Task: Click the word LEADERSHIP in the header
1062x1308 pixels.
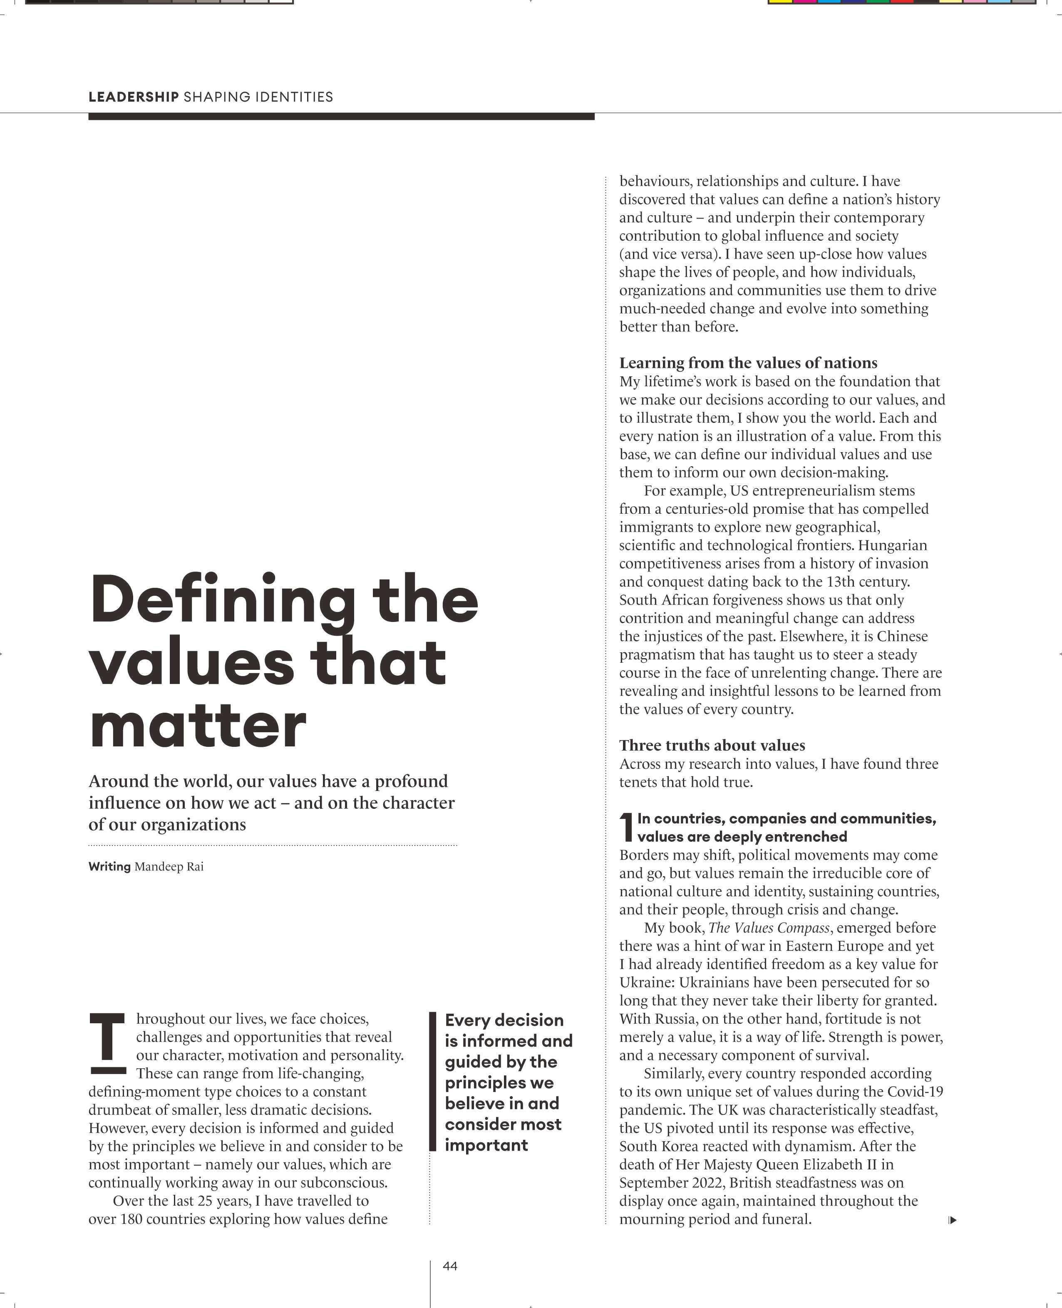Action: coord(133,97)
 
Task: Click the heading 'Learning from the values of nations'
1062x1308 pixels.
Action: coord(748,363)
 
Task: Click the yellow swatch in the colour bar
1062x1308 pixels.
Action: coord(779,2)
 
